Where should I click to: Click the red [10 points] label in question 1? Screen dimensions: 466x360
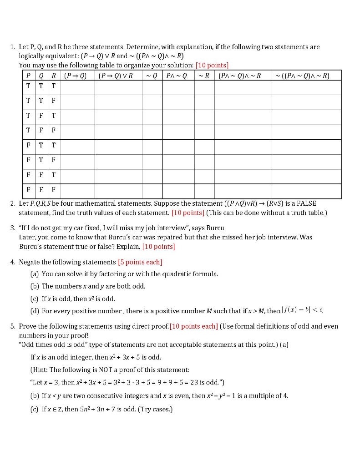pos(212,65)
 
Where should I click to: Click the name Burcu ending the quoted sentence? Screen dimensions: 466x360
pos(216,228)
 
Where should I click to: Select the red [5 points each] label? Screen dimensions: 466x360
pos(140,262)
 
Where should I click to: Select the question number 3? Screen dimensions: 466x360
pos(13,228)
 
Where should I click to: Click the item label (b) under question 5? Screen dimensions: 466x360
pos(35,395)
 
